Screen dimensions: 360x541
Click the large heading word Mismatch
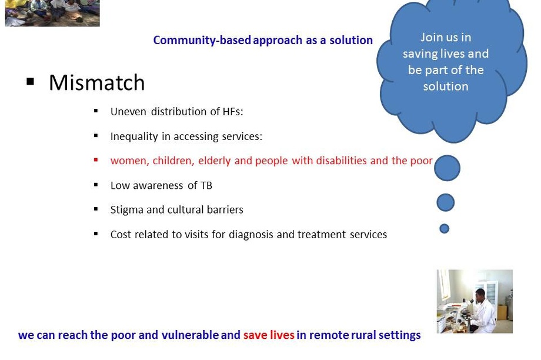[96, 83]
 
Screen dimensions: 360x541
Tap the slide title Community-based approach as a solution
[263, 40]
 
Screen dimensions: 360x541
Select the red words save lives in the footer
[269, 335]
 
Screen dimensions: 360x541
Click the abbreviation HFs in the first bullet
[231, 112]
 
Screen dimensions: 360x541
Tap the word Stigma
[126, 210]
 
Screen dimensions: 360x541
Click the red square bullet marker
[96, 160]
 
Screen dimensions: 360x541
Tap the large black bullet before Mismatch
[31, 81]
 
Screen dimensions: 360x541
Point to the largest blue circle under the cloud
[447, 168]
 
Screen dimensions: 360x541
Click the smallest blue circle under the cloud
[445, 228]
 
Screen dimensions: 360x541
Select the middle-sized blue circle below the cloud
[446, 202]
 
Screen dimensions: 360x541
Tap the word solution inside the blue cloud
[446, 86]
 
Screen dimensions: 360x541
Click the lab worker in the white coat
[482, 309]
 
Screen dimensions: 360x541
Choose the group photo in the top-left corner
[52, 13]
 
